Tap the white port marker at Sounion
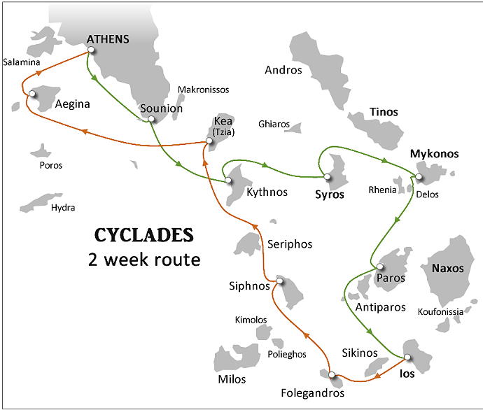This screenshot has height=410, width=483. [150, 120]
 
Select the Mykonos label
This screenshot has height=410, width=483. [435, 153]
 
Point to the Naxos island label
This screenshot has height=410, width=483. [447, 268]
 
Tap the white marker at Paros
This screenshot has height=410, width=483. [379, 267]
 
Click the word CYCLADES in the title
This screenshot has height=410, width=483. [144, 234]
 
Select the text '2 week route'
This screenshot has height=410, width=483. [144, 260]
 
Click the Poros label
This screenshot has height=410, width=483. [51, 166]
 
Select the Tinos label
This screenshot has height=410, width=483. [384, 112]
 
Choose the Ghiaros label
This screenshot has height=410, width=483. [274, 125]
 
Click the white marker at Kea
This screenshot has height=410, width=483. [209, 143]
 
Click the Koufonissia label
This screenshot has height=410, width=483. [440, 311]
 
